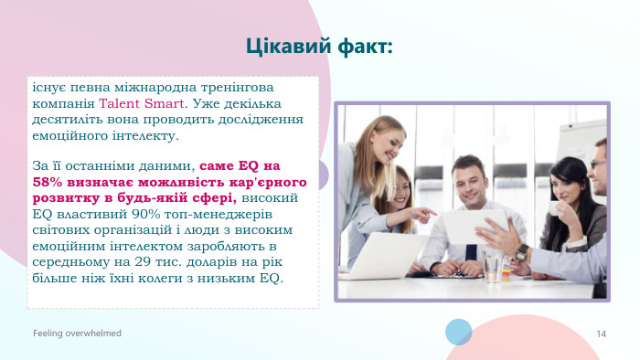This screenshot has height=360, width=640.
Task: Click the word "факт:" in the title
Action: click(x=362, y=45)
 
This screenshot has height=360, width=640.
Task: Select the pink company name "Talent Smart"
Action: click(x=142, y=103)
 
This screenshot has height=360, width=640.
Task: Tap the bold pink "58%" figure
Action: click(x=48, y=182)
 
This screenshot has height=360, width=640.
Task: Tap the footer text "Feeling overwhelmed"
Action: click(x=78, y=334)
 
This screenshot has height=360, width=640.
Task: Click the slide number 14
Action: click(x=601, y=334)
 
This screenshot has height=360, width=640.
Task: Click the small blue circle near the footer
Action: click(x=458, y=331)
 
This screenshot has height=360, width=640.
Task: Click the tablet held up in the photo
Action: click(x=472, y=226)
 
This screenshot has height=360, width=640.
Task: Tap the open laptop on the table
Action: click(x=383, y=256)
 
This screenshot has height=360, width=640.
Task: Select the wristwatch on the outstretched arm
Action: click(x=522, y=253)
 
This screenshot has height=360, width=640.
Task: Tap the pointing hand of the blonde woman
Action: click(x=425, y=213)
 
